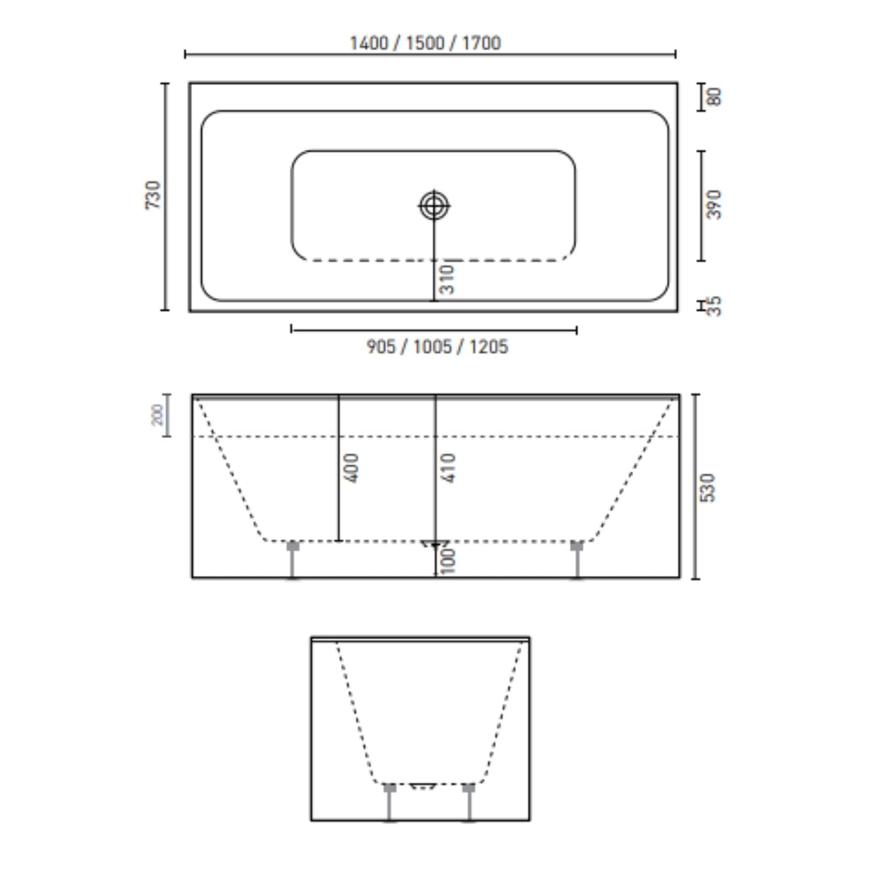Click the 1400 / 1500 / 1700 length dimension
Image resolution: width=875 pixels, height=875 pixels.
point(425,43)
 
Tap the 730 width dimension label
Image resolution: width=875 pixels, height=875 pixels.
point(154,195)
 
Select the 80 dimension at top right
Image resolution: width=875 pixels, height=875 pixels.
point(714,97)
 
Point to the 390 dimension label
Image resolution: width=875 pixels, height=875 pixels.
point(714,205)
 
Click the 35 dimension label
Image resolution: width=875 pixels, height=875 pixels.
point(714,306)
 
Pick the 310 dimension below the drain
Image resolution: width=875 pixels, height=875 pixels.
point(447,279)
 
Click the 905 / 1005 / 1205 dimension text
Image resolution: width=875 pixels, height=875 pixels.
point(437,347)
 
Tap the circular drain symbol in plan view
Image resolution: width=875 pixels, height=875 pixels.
point(434,206)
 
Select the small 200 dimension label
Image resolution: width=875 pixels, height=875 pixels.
point(157,415)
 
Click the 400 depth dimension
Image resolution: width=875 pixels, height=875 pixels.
point(353,468)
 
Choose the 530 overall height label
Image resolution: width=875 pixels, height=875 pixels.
point(708,488)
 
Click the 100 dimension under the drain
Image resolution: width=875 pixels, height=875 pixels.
point(448,562)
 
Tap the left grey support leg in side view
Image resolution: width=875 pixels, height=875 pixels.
point(293,559)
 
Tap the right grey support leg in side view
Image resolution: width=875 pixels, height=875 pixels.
point(577,559)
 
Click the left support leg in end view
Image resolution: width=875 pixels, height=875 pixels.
point(389,802)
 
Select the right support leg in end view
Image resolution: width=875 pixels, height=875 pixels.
point(469,802)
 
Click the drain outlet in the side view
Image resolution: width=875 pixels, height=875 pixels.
point(435,544)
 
